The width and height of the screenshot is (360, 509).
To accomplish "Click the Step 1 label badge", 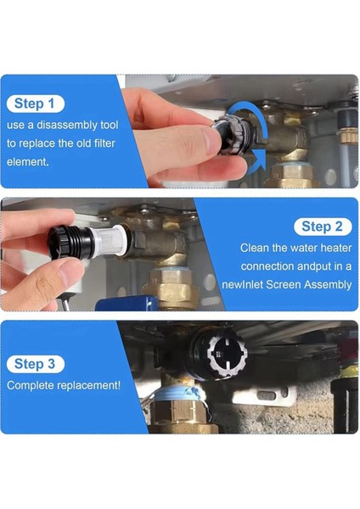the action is (x=36, y=103).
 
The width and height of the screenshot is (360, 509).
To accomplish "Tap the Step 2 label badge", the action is (x=323, y=227).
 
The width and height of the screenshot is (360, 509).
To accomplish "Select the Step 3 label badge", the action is (x=36, y=364).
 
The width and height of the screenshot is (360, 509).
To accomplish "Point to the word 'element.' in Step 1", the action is (x=28, y=162).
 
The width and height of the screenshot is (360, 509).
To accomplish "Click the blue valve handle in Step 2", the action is (x=127, y=305).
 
